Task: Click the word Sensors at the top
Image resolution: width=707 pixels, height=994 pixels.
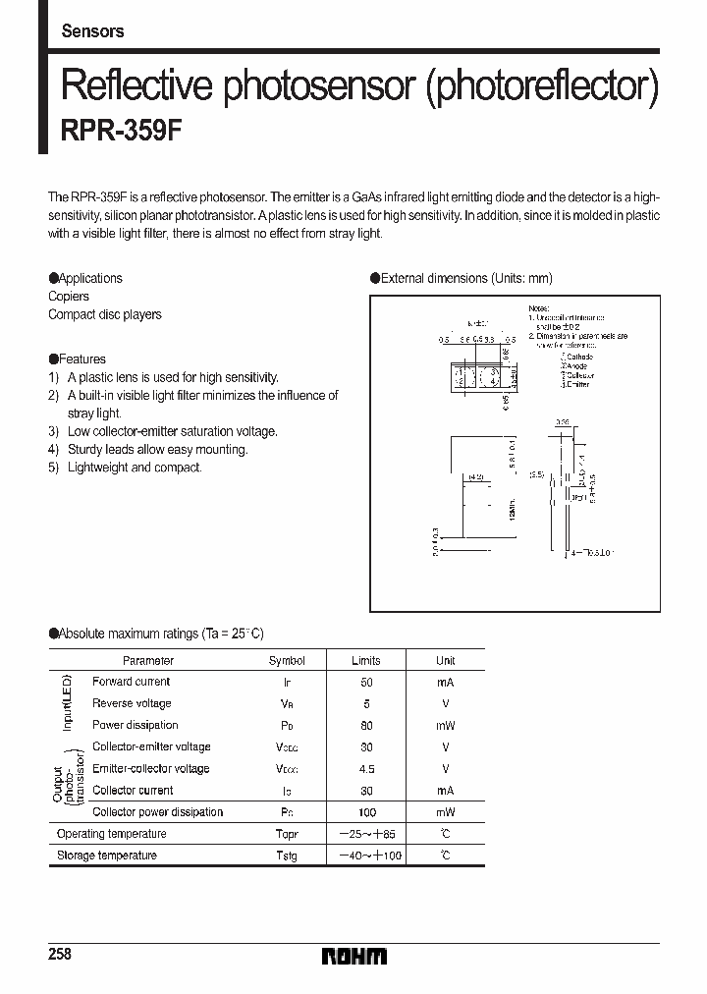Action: pos(92,30)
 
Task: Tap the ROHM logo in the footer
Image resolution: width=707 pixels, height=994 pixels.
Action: pos(354,957)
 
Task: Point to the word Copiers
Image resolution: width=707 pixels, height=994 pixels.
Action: pos(69,296)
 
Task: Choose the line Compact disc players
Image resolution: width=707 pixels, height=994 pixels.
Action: pos(105,314)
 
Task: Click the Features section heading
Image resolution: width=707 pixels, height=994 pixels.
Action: pos(78,359)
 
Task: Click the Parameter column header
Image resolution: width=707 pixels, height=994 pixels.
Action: pos(148,661)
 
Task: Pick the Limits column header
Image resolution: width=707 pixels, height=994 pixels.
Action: pos(365,661)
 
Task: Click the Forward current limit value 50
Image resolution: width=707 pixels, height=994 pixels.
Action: pos(366,682)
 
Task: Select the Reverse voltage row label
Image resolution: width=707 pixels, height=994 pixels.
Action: pos(132,703)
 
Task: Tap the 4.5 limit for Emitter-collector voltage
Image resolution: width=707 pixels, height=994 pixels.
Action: pos(366,769)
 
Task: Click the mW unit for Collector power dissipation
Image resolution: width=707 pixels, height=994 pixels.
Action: pos(445,812)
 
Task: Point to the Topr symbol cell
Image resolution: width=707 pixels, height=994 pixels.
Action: pos(286,834)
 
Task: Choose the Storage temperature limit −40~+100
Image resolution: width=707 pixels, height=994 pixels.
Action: pos(366,856)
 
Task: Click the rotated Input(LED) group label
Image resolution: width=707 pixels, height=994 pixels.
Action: pos(68,702)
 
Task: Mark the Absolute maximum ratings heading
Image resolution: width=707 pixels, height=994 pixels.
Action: pos(156,634)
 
